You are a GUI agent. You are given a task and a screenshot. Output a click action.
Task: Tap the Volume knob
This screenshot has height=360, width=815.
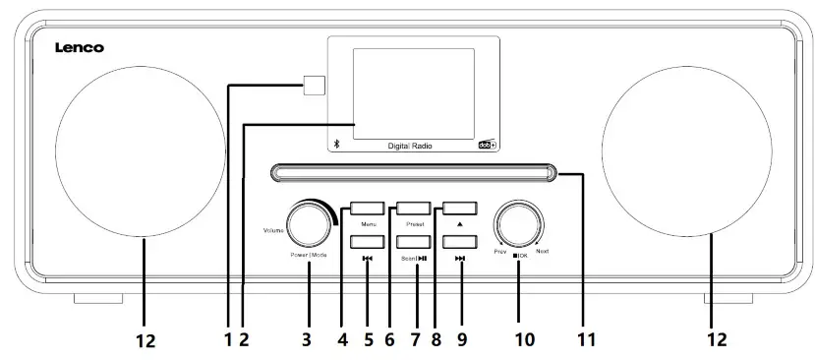point(308,224)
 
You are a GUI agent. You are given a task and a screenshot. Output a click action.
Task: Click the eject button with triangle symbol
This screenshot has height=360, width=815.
point(460,209)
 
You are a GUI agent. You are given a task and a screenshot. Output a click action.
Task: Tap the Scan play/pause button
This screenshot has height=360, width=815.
point(413,241)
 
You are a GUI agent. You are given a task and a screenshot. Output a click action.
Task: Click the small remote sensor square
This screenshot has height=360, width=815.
point(314,86)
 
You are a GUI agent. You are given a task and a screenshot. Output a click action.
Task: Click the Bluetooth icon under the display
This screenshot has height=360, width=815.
point(336,144)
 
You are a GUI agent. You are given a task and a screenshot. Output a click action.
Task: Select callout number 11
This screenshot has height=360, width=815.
point(587,340)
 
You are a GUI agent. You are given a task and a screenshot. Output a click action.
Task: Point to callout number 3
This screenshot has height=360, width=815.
point(307,340)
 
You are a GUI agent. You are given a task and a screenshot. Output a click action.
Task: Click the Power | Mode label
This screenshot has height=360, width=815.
point(308,255)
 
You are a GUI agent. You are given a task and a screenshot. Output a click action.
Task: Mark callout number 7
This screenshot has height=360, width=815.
point(415,340)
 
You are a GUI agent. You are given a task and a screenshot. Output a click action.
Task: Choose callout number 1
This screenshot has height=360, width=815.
point(227,340)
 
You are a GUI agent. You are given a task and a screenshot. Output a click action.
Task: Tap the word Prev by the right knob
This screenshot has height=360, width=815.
point(499,253)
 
